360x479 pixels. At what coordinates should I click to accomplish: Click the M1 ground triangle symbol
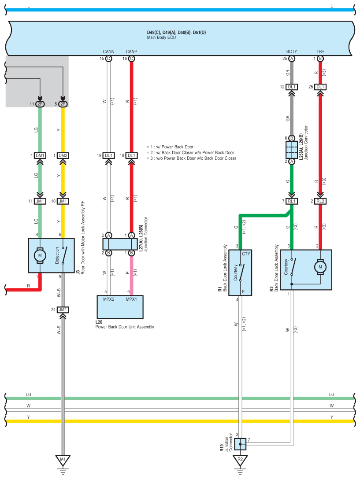coord(63,460)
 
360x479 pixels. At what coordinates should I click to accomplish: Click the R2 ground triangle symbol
coord(240,460)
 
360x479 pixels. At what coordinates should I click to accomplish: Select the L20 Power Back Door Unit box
coord(120,307)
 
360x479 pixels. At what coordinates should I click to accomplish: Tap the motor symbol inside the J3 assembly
coord(40,255)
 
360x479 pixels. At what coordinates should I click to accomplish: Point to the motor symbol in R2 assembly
coord(320,267)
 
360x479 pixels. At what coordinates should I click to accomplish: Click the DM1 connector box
coord(40,155)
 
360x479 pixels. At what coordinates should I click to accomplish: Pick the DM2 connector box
coord(63,155)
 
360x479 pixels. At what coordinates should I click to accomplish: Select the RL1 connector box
coord(292,201)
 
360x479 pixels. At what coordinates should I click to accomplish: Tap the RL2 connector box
coord(320,201)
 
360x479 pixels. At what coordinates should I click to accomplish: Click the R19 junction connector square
coord(241,444)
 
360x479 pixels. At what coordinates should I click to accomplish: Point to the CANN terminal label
coord(108,52)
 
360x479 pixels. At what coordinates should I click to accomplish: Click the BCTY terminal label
coord(292,52)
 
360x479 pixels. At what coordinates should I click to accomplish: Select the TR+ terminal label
coord(320,52)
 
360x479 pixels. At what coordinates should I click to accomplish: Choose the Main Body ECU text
coord(161,37)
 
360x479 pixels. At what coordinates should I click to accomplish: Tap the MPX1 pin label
coord(131,299)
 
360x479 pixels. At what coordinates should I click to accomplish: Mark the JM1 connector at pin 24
coord(63,310)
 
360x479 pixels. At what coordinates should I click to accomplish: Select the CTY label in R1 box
coord(246,254)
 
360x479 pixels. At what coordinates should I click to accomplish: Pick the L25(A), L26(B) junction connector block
coord(292,150)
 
